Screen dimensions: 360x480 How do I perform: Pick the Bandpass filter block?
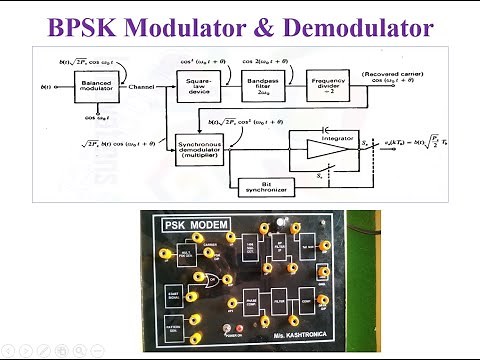point(263,87)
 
